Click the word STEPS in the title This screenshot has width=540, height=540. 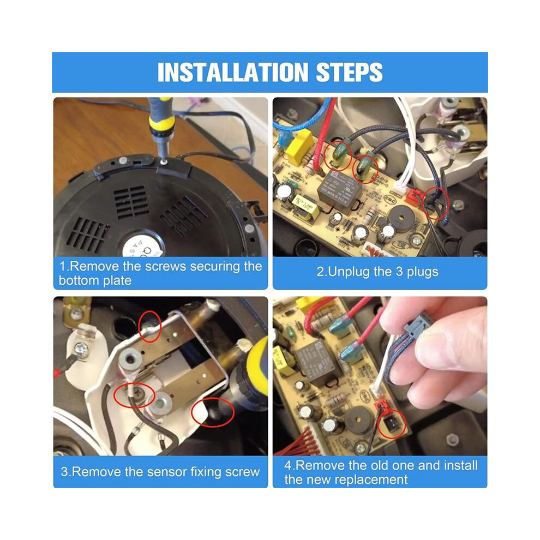click(349, 72)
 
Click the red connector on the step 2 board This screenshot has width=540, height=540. click(413, 197)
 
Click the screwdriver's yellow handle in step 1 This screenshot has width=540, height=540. click(160, 117)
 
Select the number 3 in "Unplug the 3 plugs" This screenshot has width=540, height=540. click(399, 272)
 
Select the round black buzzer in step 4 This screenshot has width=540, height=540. click(359, 420)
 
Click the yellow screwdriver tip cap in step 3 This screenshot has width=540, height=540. click(257, 362)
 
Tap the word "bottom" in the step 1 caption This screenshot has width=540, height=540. click(79, 281)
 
